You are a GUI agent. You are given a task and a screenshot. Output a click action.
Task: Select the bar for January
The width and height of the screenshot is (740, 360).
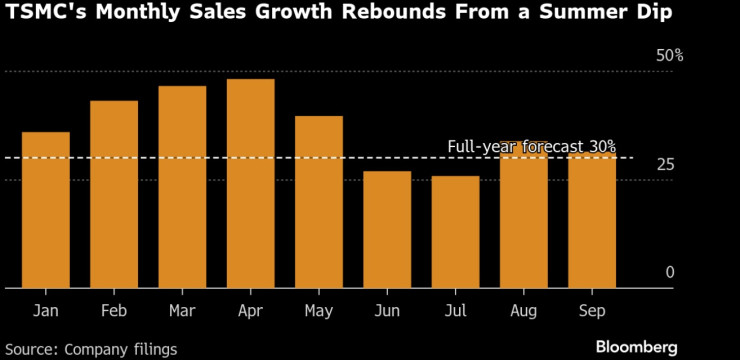[46, 210]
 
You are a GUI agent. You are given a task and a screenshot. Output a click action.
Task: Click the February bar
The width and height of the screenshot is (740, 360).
[114, 194]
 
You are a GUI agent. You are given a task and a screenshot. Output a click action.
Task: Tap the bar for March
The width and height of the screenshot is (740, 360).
[182, 187]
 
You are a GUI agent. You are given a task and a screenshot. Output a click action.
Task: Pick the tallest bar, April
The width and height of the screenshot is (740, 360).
[250, 183]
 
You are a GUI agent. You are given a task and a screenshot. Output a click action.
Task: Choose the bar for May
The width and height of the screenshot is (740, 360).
[319, 202]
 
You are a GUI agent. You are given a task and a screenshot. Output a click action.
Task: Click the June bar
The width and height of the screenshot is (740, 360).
[387, 229]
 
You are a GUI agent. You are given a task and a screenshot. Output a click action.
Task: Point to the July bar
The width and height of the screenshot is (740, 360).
[455, 232]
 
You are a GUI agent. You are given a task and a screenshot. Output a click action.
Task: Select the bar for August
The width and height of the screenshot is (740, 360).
[523, 215]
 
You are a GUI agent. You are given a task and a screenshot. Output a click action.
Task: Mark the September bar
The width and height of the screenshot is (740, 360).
[592, 220]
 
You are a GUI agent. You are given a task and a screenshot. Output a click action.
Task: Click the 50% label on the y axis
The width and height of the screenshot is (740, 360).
[669, 56]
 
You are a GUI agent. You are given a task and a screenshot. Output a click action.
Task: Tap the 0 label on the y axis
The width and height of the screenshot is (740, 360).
[670, 272]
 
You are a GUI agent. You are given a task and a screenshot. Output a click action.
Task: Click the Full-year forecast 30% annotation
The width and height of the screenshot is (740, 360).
[531, 146]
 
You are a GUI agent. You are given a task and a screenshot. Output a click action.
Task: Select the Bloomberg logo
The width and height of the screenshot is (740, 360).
[636, 347]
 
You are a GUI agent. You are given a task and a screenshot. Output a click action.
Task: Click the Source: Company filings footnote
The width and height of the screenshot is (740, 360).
[92, 349]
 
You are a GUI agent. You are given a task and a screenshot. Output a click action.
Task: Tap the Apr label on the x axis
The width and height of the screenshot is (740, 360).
[250, 312]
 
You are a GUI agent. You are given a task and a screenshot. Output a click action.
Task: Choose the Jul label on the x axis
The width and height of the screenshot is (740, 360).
[455, 312]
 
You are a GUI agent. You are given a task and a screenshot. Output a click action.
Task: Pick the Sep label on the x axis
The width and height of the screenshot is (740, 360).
[592, 312]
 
